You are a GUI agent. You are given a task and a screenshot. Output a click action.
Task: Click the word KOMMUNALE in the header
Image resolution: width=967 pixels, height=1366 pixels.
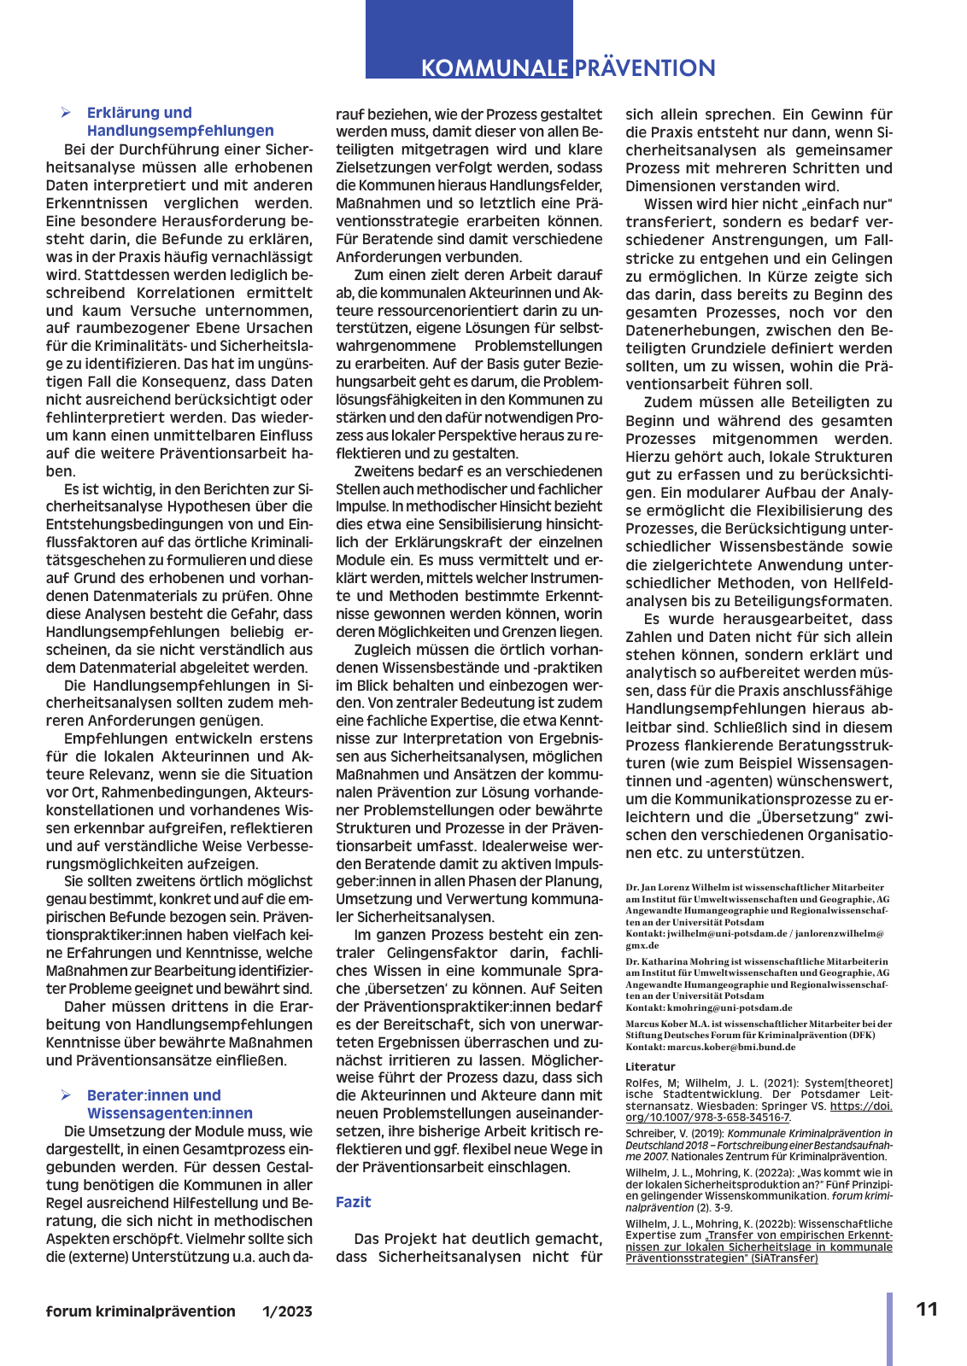[x=494, y=68]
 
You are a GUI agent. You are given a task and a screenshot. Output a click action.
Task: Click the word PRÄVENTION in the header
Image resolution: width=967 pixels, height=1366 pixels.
[x=645, y=68]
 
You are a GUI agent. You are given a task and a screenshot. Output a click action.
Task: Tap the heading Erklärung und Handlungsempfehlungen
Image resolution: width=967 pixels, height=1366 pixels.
[x=179, y=121]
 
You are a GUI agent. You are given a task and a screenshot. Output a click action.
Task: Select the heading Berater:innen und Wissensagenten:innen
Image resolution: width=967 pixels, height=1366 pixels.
[x=169, y=1104]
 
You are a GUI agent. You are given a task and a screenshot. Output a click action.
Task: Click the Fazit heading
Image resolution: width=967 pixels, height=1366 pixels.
[x=353, y=1202]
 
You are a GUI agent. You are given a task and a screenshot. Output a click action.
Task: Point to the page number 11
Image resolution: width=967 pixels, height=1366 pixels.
[x=927, y=1310]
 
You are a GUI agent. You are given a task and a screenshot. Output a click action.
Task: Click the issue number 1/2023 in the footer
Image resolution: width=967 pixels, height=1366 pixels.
[x=287, y=1311]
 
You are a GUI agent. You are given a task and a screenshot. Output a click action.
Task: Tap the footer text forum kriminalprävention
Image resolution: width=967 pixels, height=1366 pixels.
[x=141, y=1311]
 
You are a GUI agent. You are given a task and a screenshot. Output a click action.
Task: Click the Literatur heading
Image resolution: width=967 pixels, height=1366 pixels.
[x=650, y=1066]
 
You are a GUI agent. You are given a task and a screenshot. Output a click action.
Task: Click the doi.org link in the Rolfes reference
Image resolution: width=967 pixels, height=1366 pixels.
[x=759, y=1111]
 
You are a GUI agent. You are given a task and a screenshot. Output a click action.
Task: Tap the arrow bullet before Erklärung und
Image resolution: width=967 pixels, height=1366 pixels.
[x=66, y=113]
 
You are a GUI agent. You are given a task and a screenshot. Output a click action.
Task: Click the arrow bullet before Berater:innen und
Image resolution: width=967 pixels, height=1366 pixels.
[x=66, y=1095]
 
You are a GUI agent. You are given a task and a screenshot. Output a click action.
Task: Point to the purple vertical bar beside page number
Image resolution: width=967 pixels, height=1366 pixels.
[x=889, y=1328]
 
